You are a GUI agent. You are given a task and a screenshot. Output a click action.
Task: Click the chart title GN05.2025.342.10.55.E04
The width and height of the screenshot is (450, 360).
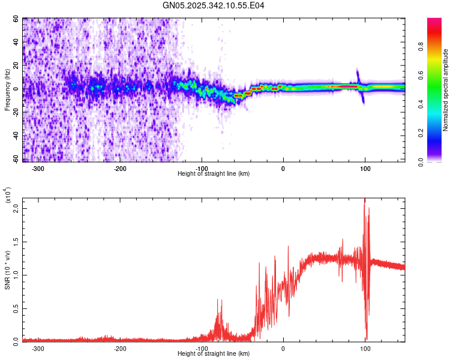(214, 5)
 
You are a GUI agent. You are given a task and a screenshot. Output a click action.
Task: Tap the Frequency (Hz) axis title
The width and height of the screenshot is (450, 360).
(8, 89)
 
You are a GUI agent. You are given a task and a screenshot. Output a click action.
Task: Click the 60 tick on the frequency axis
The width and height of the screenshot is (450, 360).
(16, 19)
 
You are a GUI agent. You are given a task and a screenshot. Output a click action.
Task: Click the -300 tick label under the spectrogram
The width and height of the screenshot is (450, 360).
(38, 168)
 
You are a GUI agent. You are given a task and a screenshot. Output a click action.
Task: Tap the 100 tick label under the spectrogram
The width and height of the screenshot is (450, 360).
(365, 168)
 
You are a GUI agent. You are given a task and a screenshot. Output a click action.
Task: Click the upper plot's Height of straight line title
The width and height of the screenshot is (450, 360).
(214, 174)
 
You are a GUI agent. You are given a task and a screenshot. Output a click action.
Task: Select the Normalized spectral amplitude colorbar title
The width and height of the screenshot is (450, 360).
(446, 90)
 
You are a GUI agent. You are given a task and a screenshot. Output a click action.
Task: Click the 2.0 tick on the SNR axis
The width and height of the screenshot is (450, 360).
(16, 209)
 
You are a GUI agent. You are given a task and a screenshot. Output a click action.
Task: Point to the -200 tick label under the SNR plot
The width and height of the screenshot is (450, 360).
(119, 348)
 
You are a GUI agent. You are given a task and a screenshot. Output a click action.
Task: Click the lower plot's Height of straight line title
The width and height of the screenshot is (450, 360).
(214, 354)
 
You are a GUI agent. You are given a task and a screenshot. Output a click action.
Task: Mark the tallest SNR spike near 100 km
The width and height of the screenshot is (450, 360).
(364, 202)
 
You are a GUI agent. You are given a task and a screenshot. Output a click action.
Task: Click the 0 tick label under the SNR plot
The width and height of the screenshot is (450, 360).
(283, 348)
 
